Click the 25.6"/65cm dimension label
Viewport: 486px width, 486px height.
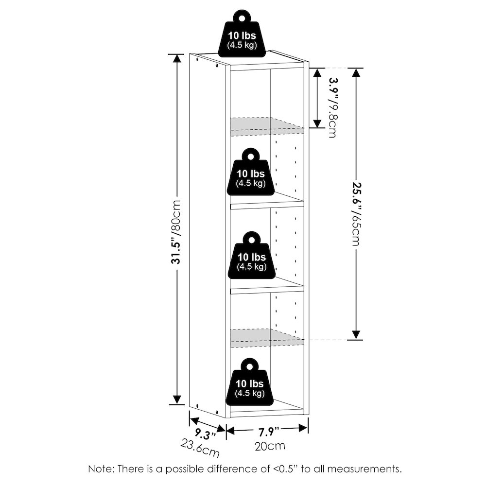point(356,213)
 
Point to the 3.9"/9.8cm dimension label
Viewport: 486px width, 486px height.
point(332,107)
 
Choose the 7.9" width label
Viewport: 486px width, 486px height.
point(269,431)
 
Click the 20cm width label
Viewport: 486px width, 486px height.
point(270,446)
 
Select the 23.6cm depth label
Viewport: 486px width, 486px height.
point(200,448)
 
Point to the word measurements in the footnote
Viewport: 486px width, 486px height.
point(364,469)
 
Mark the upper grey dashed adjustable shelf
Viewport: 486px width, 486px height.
point(266,127)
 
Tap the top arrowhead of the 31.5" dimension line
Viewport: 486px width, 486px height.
point(177,59)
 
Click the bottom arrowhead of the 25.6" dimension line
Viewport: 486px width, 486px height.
point(356,335)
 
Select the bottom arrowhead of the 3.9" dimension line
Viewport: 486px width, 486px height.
point(317,123)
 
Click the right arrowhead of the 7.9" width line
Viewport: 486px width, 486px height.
point(303,428)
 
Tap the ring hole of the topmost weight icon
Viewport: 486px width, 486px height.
point(242,17)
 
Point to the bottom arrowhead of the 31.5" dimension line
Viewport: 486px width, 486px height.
point(177,399)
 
